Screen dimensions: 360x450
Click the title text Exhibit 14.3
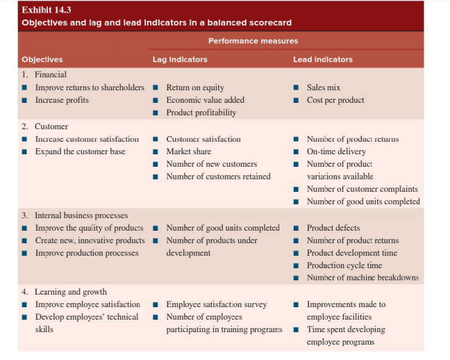[47, 10]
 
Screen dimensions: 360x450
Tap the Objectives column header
[42, 59]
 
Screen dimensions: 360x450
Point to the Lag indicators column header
[180, 59]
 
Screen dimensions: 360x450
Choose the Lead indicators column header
[322, 59]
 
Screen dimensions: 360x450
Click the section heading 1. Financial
[44, 74]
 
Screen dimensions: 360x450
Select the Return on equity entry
[195, 88]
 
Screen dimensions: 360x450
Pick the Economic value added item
[205, 100]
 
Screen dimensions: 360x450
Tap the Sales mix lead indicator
[324, 88]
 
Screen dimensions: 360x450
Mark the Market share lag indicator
[189, 152]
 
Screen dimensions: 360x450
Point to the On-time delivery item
[336, 152]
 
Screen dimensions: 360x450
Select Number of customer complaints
[362, 189]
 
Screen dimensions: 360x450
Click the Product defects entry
[333, 228]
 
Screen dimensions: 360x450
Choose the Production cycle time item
[344, 265]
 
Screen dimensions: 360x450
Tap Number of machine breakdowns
[362, 278]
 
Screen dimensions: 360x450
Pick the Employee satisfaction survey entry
[216, 304]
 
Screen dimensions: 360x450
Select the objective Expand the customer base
[80, 152]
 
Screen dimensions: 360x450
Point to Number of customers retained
[218, 177]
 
